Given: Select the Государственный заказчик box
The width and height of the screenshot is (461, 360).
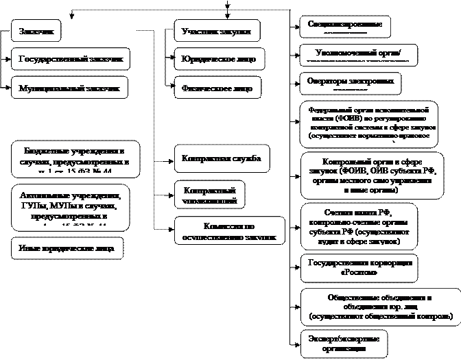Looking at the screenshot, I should [71, 60].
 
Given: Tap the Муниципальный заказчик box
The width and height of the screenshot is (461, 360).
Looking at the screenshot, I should [69, 88].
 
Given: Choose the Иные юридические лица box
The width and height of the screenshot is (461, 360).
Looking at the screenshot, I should [67, 248].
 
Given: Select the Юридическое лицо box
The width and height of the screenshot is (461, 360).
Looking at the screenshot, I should [218, 60].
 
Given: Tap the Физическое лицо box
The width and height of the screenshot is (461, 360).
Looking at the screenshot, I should [217, 88].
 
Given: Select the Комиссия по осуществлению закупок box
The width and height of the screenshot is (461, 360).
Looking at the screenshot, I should [229, 230].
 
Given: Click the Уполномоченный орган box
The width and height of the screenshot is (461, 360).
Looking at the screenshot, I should [358, 54].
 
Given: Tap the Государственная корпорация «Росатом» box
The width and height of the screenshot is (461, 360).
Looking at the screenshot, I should [360, 267].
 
